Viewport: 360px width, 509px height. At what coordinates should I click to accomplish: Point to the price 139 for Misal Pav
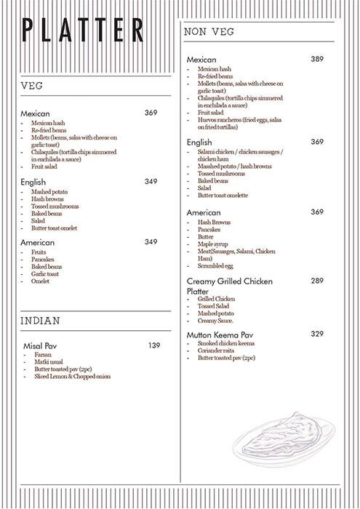click(x=153, y=345)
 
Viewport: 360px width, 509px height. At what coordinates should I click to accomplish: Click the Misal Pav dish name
click(x=40, y=346)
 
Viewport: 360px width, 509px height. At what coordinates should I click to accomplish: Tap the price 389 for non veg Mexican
click(x=317, y=59)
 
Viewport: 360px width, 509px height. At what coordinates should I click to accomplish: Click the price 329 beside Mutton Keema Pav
click(x=317, y=334)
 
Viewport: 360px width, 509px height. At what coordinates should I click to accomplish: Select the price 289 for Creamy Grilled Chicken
click(x=317, y=280)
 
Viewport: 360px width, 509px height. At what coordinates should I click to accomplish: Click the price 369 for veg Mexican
click(x=151, y=113)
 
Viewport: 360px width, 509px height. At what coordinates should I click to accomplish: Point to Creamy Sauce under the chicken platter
click(x=217, y=321)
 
